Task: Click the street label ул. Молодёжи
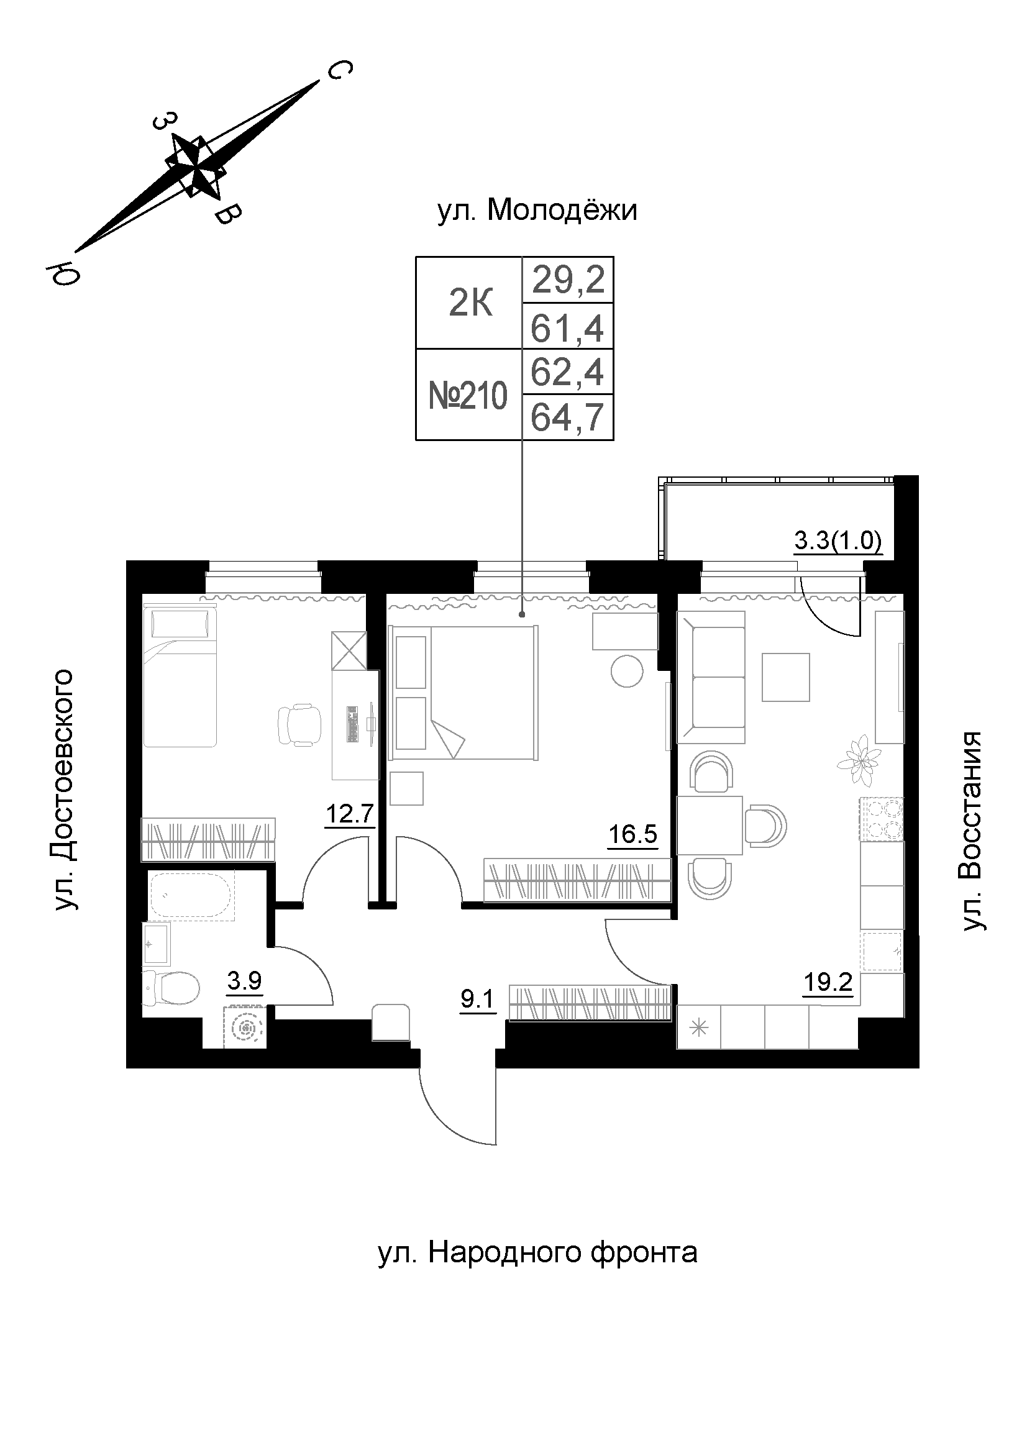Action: pyautogui.click(x=537, y=211)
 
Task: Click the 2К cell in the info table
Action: pyautogui.click(x=469, y=304)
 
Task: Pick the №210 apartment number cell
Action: pyautogui.click(x=468, y=396)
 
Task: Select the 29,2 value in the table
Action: pyautogui.click(x=568, y=280)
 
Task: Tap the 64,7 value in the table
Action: pyautogui.click(x=568, y=418)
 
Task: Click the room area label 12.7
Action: pyautogui.click(x=349, y=814)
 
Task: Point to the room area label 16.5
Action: pyautogui.click(x=632, y=834)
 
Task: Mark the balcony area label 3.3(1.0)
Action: pyautogui.click(x=837, y=541)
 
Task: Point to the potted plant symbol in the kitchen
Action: pyautogui.click(x=858, y=760)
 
